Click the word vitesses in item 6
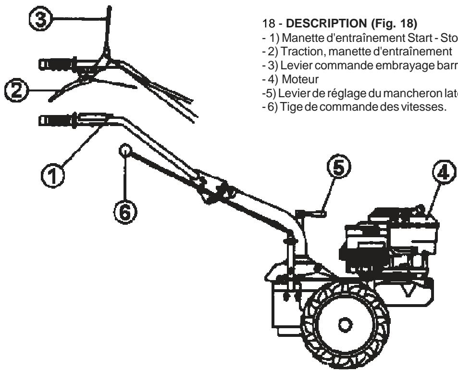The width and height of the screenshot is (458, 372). [x=423, y=83]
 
